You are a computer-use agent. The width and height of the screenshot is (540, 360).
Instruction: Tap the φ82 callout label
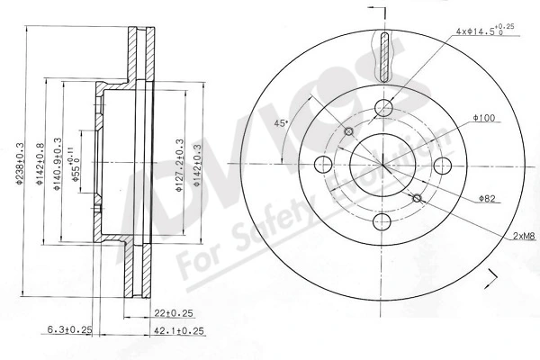click(x=489, y=197)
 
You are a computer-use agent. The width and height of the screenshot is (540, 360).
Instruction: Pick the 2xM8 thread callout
click(x=524, y=235)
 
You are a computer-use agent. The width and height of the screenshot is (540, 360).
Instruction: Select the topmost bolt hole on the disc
click(x=384, y=109)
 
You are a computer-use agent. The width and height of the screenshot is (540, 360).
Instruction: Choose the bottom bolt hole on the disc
click(x=384, y=221)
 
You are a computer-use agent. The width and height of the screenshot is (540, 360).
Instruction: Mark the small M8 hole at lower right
click(x=418, y=198)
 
